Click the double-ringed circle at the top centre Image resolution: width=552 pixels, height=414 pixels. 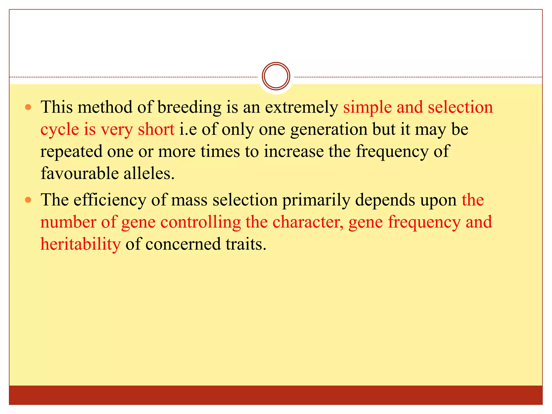click(x=276, y=76)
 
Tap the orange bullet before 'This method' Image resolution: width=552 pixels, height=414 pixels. click(x=28, y=107)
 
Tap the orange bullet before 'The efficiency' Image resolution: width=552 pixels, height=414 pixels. click(x=28, y=200)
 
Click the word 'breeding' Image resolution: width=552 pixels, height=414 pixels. click(x=189, y=108)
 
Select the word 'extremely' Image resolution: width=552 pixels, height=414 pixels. click(x=301, y=108)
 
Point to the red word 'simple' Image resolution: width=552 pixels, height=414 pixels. click(x=367, y=108)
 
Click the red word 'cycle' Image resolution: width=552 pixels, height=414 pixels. click(x=60, y=130)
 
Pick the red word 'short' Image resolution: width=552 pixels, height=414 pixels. click(x=156, y=130)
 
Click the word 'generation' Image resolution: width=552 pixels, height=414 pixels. click(x=329, y=130)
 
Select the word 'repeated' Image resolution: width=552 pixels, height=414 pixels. click(x=71, y=151)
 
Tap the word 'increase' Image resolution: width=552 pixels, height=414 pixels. click(x=294, y=151)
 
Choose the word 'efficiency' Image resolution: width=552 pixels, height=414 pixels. click(x=110, y=200)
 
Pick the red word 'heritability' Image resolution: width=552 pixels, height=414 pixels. click(x=81, y=244)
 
